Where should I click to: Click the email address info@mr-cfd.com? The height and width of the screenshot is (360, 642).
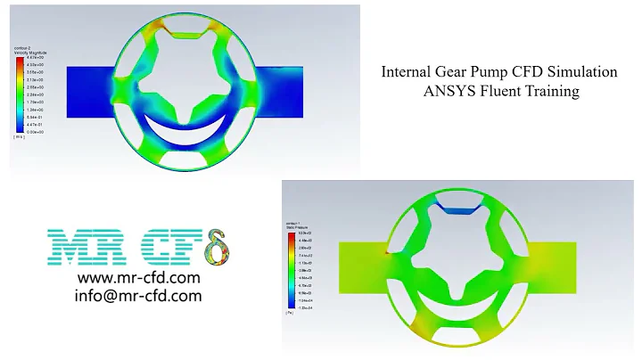coord(138,296)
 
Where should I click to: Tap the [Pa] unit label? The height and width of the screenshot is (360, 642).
coord(290,314)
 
